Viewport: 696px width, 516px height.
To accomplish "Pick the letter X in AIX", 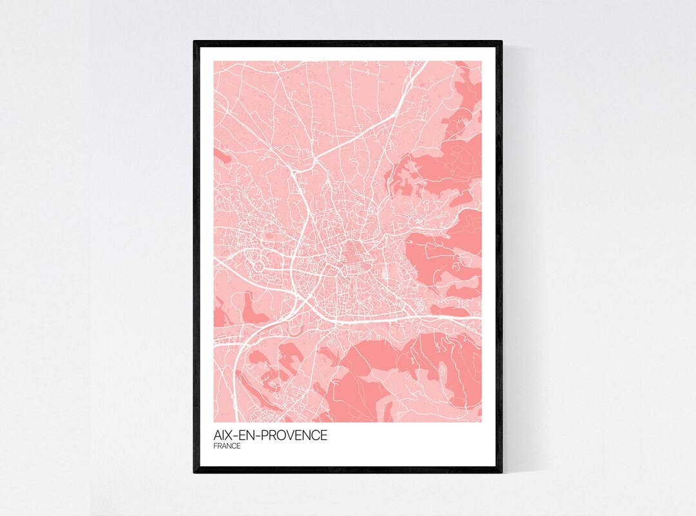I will (230, 435).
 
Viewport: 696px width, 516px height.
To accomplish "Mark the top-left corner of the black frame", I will (194, 41).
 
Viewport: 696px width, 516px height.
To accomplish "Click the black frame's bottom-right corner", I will (502, 473).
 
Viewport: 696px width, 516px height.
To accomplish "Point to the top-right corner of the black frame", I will (502, 41).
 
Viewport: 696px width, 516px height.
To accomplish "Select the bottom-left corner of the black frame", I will (194, 473).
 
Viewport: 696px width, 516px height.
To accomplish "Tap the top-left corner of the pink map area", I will (214, 61).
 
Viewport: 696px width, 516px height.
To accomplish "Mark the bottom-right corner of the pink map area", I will (481, 422).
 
